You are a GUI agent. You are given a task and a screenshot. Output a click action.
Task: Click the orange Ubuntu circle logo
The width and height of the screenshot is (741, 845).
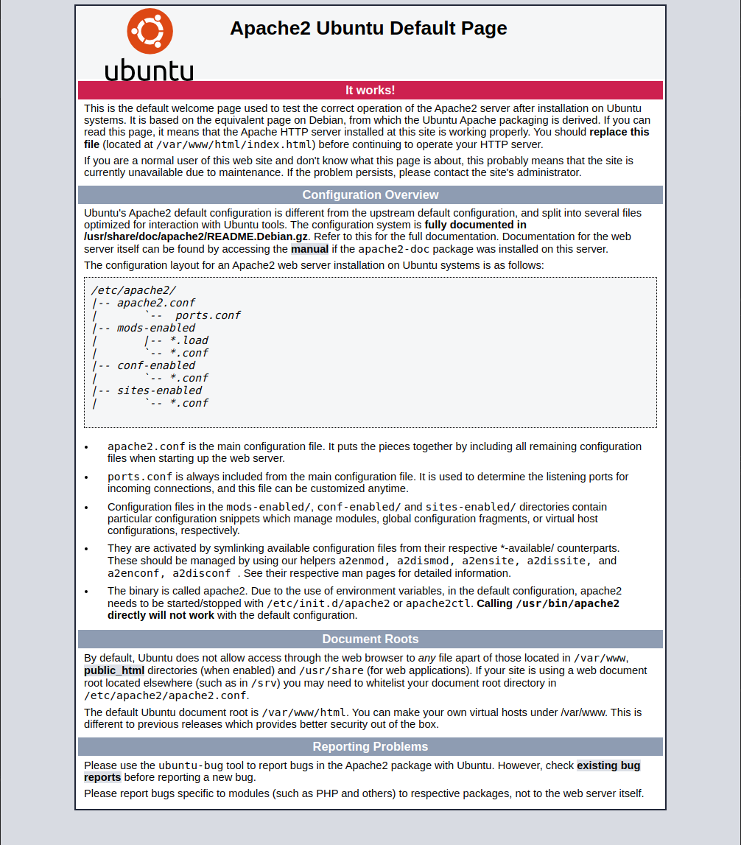pos(150,31)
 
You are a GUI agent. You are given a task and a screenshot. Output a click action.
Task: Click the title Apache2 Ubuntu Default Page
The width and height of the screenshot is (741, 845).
pos(368,28)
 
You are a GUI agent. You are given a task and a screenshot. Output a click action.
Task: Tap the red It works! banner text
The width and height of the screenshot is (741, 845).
pos(370,90)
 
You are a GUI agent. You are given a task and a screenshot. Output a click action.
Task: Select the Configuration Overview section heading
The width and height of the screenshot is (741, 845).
pos(370,194)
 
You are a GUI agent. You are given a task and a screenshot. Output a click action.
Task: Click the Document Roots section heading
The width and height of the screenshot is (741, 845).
pos(370,639)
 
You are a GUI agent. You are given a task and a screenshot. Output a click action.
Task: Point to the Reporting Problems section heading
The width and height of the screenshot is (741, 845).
pos(370,746)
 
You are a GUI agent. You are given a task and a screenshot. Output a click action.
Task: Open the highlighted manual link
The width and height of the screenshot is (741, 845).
pos(309,249)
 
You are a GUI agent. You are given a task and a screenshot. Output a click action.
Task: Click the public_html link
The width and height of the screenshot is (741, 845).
pos(114,670)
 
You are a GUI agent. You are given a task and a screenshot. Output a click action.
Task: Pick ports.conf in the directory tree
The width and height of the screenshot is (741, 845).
pos(208,315)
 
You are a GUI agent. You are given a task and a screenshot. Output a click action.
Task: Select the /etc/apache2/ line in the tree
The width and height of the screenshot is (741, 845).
pos(133,290)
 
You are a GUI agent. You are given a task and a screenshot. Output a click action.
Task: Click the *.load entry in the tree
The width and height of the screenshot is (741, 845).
pos(189,340)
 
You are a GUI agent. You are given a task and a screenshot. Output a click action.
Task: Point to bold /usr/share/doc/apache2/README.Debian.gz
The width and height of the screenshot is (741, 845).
pos(196,236)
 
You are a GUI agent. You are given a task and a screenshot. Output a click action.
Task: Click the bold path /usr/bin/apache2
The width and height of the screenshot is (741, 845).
pos(567,603)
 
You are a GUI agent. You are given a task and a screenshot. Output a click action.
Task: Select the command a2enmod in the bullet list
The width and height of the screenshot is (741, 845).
pos(363,561)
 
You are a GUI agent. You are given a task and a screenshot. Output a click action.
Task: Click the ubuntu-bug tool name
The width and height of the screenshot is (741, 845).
pos(191,765)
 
